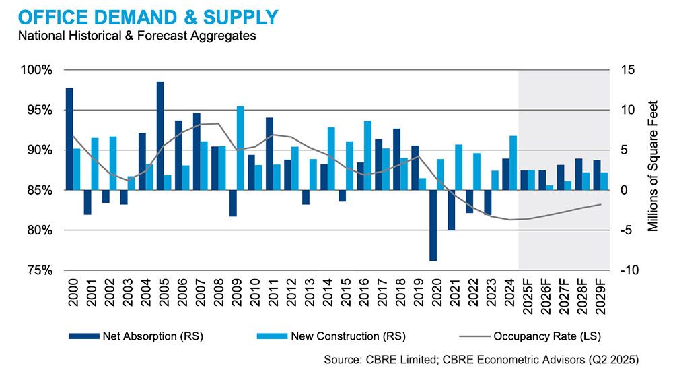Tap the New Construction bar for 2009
pyautogui.click(x=240, y=148)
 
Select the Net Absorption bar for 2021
pyautogui.click(x=450, y=210)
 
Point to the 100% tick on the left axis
pyautogui.click(x=39, y=70)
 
